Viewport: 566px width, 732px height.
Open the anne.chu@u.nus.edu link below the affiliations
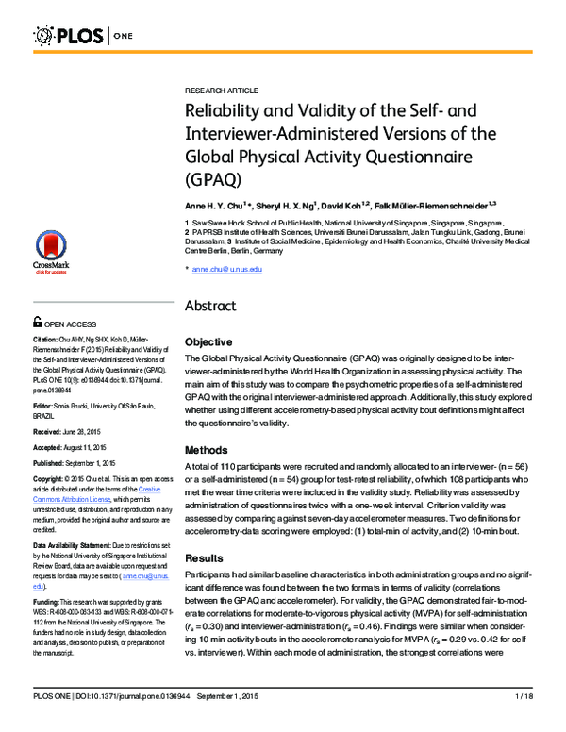pos(226,270)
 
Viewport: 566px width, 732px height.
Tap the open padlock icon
pos(37,322)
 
